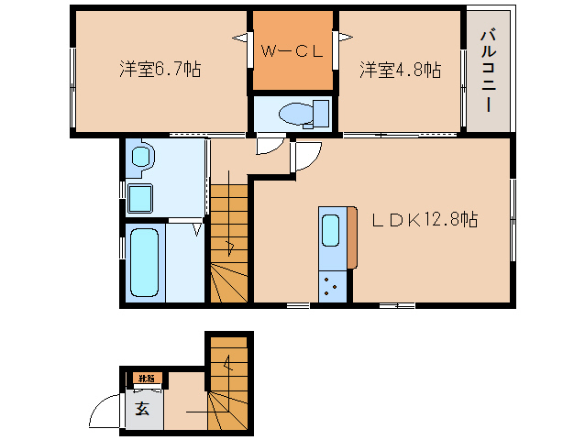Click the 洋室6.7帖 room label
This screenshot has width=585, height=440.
[160, 69]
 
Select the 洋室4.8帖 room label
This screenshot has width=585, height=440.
[400, 69]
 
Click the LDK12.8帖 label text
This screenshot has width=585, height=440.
[424, 220]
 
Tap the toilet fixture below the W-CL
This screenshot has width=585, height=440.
[292, 114]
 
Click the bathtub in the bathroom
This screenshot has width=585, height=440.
[145, 264]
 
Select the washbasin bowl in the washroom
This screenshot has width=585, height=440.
[140, 157]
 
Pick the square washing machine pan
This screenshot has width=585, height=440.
[140, 197]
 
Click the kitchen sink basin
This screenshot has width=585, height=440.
[331, 227]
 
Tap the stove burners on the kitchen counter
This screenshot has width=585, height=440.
[331, 286]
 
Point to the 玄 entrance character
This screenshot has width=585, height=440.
[144, 408]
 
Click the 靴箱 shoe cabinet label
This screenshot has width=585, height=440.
[146, 378]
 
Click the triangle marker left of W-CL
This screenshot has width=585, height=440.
[239, 38]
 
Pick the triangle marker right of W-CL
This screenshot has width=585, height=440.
[347, 38]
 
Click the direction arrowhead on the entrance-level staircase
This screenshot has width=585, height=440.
[228, 365]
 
